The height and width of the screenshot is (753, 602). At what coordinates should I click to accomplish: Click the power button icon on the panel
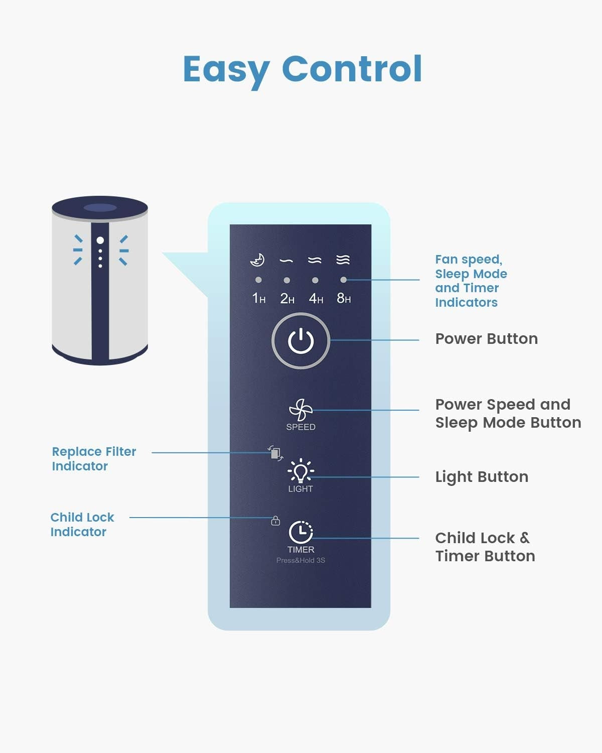pyautogui.click(x=300, y=341)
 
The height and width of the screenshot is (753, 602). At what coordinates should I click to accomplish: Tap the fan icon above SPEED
pyautogui.click(x=300, y=410)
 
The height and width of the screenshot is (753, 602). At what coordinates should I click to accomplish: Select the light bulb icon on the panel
pyautogui.click(x=300, y=471)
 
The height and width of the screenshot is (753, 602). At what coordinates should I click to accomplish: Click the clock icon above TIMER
pyautogui.click(x=300, y=532)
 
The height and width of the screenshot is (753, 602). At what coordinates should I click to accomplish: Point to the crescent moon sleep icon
pyautogui.click(x=258, y=260)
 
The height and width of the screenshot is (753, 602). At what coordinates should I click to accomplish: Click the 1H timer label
pyautogui.click(x=258, y=299)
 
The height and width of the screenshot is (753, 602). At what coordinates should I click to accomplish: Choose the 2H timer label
pyautogui.click(x=287, y=299)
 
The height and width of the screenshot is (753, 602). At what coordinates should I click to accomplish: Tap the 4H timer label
pyautogui.click(x=316, y=299)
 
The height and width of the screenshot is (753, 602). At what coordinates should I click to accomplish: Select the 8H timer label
pyautogui.click(x=344, y=299)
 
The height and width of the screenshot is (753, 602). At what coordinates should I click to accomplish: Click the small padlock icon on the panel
pyautogui.click(x=275, y=521)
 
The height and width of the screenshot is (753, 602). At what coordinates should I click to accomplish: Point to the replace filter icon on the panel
pyautogui.click(x=275, y=453)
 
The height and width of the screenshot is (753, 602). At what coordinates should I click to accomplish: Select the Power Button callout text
pyautogui.click(x=486, y=339)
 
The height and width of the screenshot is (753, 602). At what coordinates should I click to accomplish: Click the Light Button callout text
pyautogui.click(x=482, y=477)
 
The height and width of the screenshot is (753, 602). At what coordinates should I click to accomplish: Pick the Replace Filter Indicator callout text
pyautogui.click(x=94, y=459)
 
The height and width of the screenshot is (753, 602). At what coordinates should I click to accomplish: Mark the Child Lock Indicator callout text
pyautogui.click(x=82, y=525)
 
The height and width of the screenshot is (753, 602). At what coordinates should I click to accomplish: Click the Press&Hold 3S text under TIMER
pyautogui.click(x=300, y=560)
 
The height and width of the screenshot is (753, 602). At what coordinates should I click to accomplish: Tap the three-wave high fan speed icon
pyautogui.click(x=343, y=260)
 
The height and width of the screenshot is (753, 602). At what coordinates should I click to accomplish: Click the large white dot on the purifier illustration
pyautogui.click(x=100, y=240)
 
